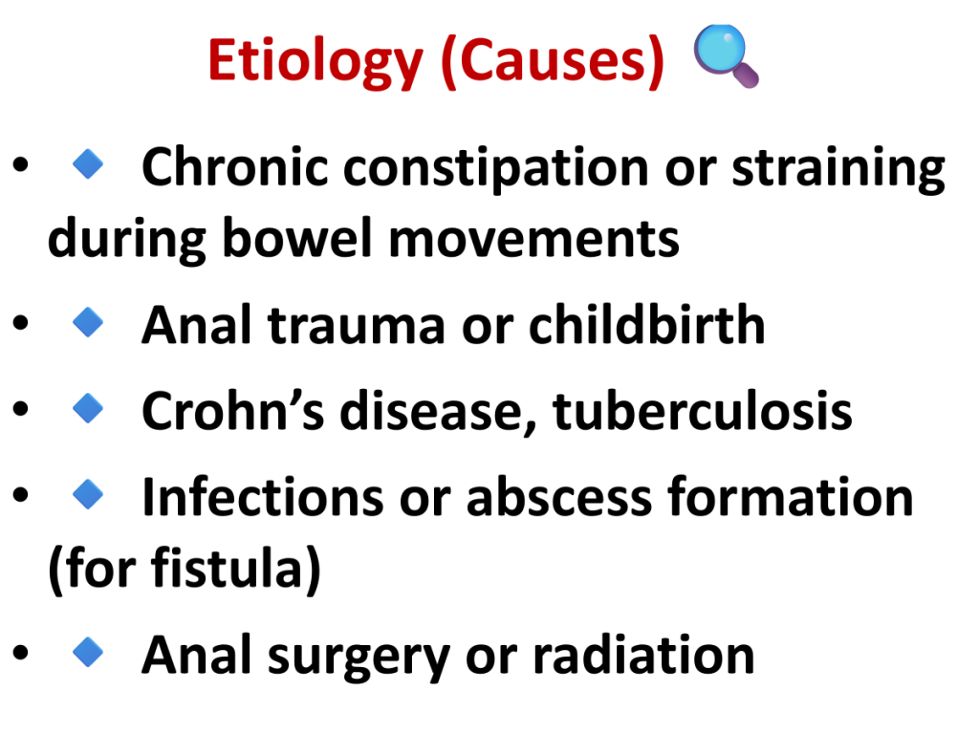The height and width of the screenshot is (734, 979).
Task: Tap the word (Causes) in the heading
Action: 553,61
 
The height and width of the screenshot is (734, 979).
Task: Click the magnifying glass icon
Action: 727,55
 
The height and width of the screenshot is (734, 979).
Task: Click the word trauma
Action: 357,325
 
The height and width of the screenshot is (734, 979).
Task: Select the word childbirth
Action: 647,324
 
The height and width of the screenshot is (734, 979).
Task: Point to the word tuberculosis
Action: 703,410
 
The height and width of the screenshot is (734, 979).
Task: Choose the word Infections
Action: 263,497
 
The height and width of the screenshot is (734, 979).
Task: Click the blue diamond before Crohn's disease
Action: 88,408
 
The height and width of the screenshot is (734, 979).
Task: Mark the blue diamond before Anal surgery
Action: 88,652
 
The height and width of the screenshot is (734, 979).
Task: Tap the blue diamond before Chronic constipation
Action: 88,164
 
